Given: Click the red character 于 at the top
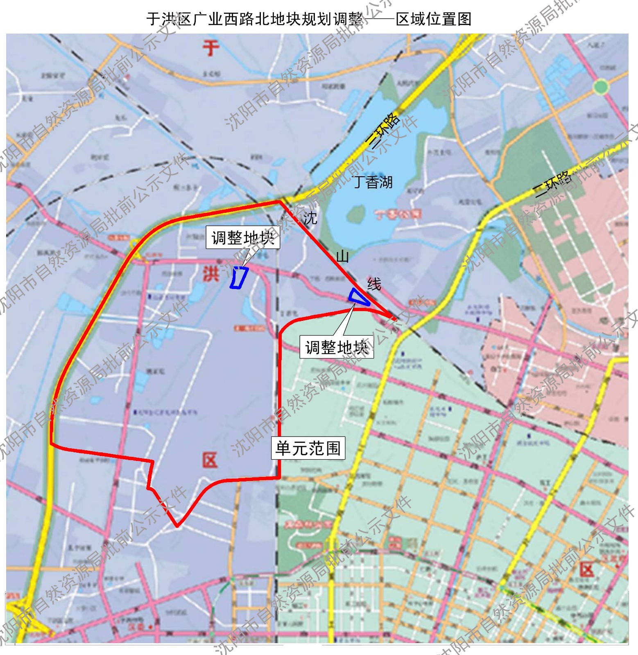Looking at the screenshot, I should (x=211, y=48).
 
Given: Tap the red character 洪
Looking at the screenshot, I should (x=211, y=273).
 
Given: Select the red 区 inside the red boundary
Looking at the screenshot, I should (x=210, y=461).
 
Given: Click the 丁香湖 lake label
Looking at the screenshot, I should (x=373, y=182).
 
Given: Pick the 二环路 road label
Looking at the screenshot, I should (x=553, y=184).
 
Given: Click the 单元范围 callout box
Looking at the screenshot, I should (x=308, y=448).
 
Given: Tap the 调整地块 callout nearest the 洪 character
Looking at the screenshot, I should (x=243, y=237).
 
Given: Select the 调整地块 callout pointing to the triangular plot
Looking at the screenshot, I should (x=337, y=348).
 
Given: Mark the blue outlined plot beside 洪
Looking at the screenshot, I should (x=239, y=278).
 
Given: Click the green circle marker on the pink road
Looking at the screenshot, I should (x=601, y=87).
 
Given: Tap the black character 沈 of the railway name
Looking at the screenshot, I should (x=310, y=218).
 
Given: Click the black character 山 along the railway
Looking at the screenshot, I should (x=342, y=257).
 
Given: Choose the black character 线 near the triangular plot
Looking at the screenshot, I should (x=374, y=284).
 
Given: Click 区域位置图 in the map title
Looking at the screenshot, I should (x=434, y=19).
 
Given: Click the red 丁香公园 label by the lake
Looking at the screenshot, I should (x=398, y=214).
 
